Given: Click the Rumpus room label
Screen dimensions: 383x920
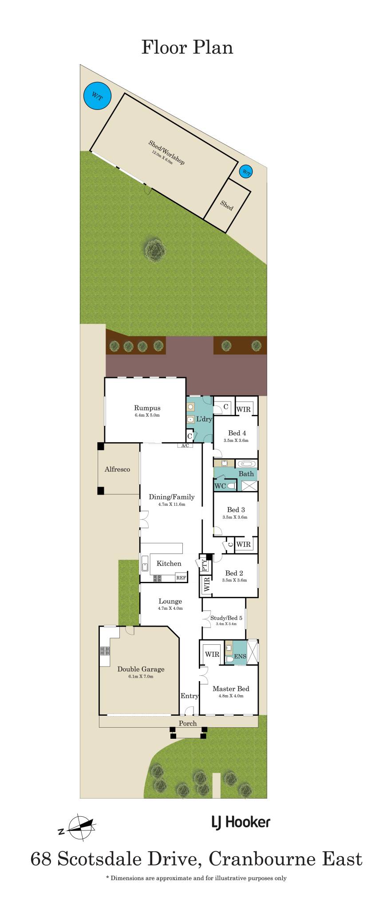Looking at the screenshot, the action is pyautogui.click(x=147, y=408).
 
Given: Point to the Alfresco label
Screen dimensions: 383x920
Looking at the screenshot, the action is pyautogui.click(x=117, y=469).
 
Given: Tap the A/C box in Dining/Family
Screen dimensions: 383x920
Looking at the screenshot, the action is pyautogui.click(x=185, y=445).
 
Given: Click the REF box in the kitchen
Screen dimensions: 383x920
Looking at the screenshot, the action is pyautogui.click(x=181, y=577).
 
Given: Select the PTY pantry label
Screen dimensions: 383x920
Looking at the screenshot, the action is pyautogui.click(x=205, y=565).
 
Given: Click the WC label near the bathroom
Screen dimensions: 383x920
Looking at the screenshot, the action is pyautogui.click(x=221, y=486).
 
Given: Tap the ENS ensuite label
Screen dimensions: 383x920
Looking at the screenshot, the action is pyautogui.click(x=240, y=656).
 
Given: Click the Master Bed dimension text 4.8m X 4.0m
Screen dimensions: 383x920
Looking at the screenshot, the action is pyautogui.click(x=231, y=696).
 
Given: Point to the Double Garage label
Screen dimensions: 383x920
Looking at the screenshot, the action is pyautogui.click(x=141, y=669).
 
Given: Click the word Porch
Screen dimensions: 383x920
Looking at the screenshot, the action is pyautogui.click(x=188, y=723).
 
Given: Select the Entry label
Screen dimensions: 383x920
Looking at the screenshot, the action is pyautogui.click(x=190, y=696).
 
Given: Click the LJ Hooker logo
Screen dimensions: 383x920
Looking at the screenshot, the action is pyautogui.click(x=241, y=823).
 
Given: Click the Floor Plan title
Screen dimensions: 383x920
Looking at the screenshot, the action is pyautogui.click(x=187, y=47).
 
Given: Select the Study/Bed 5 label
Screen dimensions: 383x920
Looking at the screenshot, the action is pyautogui.click(x=226, y=618).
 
